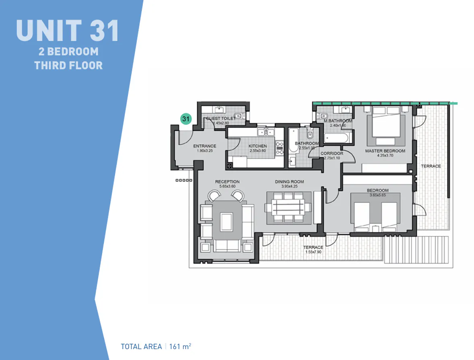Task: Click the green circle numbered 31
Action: click(185, 119)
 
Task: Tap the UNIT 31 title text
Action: click(67, 30)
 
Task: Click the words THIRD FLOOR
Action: click(68, 65)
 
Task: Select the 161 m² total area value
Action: click(180, 346)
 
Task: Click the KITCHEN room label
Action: click(258, 146)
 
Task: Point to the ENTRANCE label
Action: click(204, 146)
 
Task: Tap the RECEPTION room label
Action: click(227, 182)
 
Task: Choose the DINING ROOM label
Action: click(289, 182)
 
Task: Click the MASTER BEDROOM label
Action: click(385, 151)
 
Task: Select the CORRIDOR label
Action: click(332, 153)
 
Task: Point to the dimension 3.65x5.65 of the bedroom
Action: click(377, 195)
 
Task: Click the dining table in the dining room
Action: click(288, 208)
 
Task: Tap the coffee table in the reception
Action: click(227, 221)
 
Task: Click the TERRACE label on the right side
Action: click(431, 166)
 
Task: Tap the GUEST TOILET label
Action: click(220, 118)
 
